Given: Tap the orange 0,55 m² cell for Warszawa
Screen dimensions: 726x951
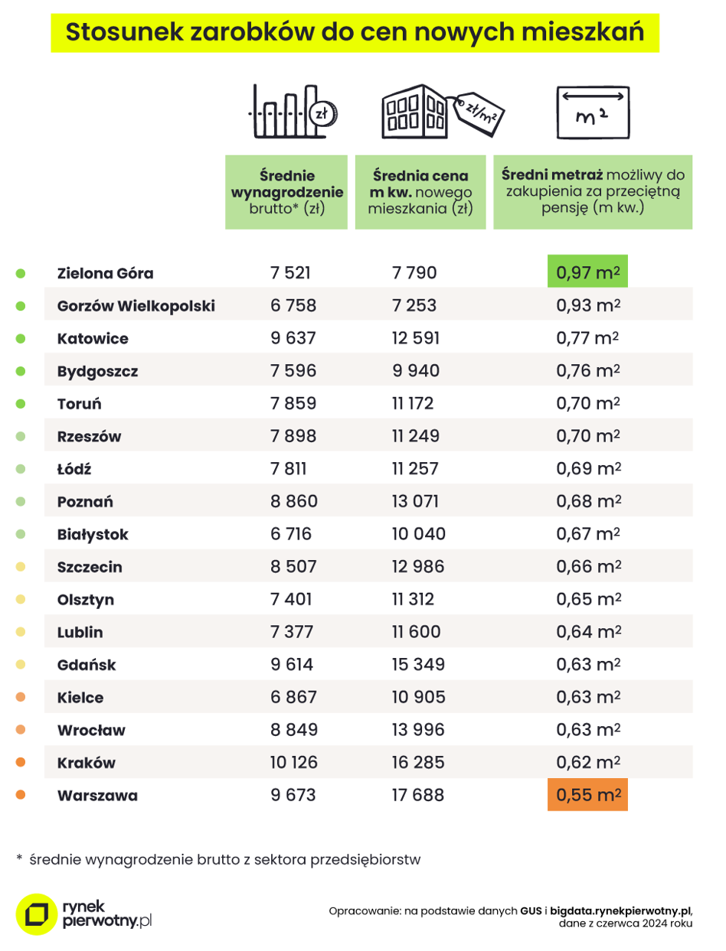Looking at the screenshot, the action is pyautogui.click(x=587, y=795).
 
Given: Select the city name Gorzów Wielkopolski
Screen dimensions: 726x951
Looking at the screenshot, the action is pyautogui.click(x=136, y=306).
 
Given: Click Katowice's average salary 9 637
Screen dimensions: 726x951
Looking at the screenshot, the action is pyautogui.click(x=293, y=338).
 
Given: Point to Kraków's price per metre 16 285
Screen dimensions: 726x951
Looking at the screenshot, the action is pyautogui.click(x=418, y=763).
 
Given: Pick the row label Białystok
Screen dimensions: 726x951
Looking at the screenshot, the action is pyautogui.click(x=93, y=534).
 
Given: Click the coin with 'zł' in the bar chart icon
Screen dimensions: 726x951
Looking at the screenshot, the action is pyautogui.click(x=323, y=114).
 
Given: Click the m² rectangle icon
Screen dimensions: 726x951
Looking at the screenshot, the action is pyautogui.click(x=593, y=112).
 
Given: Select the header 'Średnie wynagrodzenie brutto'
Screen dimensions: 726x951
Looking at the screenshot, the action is pyautogui.click(x=286, y=192).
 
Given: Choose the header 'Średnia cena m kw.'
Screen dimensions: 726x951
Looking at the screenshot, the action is pyautogui.click(x=420, y=184).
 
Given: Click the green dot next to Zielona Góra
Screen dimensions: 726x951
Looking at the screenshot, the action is pyautogui.click(x=21, y=273).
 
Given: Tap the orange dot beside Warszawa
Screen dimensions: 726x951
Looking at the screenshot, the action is pyautogui.click(x=21, y=795).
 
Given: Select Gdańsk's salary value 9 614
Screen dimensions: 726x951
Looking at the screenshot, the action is pyautogui.click(x=292, y=665).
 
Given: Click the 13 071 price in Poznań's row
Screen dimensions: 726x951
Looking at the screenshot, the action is pyautogui.click(x=416, y=501).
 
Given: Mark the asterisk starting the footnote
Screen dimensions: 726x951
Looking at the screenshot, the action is pyautogui.click(x=19, y=858).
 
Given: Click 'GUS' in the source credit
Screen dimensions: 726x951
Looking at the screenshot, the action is pyautogui.click(x=531, y=911).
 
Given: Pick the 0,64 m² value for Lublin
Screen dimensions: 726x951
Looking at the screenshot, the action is pyautogui.click(x=588, y=632).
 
